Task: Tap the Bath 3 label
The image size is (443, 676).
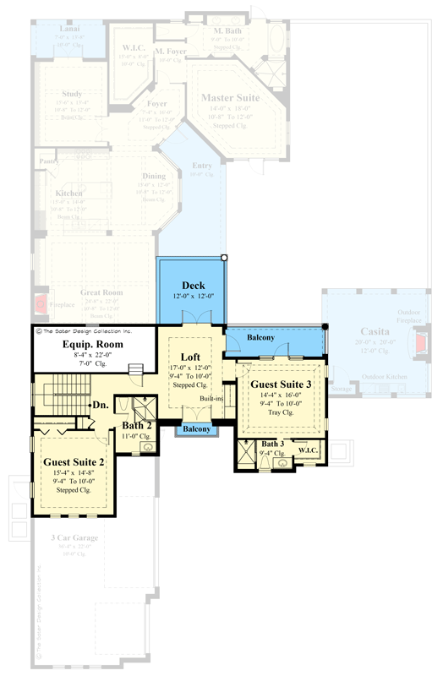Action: coord(272,444)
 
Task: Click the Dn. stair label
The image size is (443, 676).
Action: coord(101,405)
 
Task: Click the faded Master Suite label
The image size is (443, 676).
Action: coord(229,98)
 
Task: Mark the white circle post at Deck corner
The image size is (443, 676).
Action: coord(224,257)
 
